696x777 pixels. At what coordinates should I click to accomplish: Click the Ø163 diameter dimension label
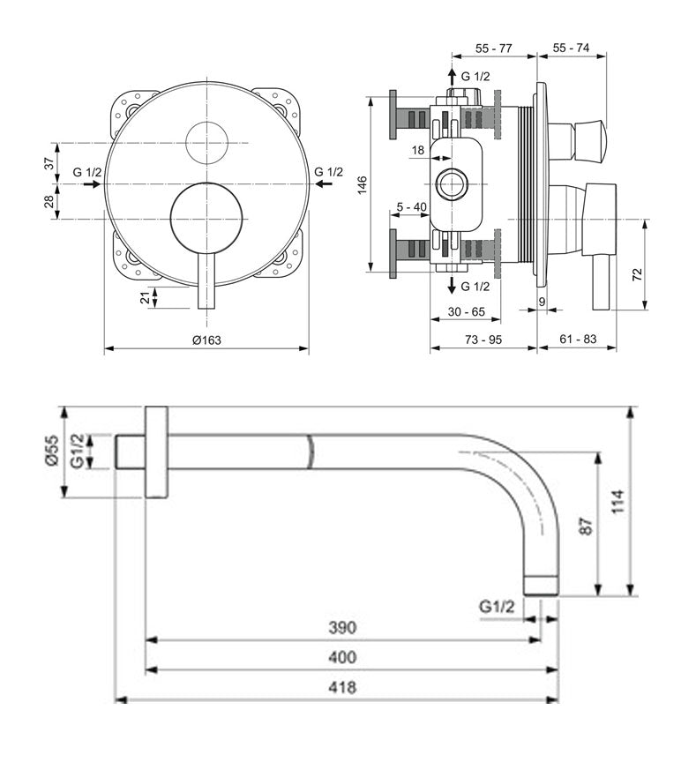(206, 340)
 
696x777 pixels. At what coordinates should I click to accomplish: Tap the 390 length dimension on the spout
(342, 628)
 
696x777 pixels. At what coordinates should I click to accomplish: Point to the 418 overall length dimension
(342, 687)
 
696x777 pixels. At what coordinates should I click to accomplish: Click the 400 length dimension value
(342, 657)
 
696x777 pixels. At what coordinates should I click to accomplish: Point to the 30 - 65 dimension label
(466, 311)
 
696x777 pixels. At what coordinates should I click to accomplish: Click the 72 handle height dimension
(638, 273)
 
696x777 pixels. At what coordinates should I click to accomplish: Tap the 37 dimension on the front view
(50, 162)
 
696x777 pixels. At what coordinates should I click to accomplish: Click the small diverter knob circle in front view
(207, 142)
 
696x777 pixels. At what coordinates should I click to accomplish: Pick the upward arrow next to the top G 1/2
(453, 76)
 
